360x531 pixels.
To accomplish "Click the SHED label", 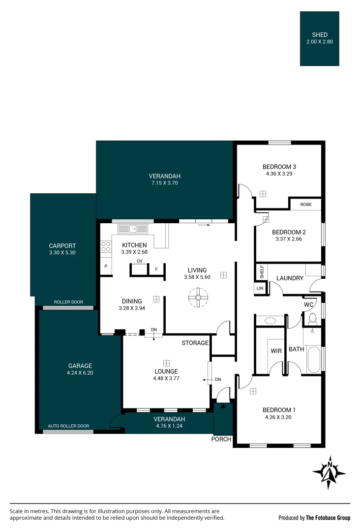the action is coord(320,34).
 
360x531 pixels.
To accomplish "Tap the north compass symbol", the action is coord(329,473).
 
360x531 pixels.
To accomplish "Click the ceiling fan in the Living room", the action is coord(198,297).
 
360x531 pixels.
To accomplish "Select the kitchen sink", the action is coord(133,229).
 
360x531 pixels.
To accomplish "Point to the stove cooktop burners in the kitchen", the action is coord(106,246).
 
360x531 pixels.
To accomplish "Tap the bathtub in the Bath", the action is coord(314,359).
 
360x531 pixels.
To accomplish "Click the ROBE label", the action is coord(306,205).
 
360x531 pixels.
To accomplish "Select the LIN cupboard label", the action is coord(260,289).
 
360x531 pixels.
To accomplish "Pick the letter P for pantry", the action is coord(106,266).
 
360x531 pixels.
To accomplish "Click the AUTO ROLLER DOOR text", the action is coord(68,426).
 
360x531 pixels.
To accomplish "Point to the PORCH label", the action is coord(221,439).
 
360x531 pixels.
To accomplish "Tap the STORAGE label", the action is coord(195,343).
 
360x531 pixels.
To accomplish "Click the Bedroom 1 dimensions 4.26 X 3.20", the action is coord(278,417).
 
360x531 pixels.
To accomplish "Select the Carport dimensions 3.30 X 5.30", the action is coord(62,253).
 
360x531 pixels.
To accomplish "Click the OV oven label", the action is coord(140,261).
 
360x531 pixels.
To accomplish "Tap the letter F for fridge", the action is coord(156,269).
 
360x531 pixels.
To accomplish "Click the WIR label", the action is coord(276,351).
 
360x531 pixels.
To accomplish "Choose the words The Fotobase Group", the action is coord(328,518).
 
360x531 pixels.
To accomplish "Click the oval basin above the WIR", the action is coord(270,321).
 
